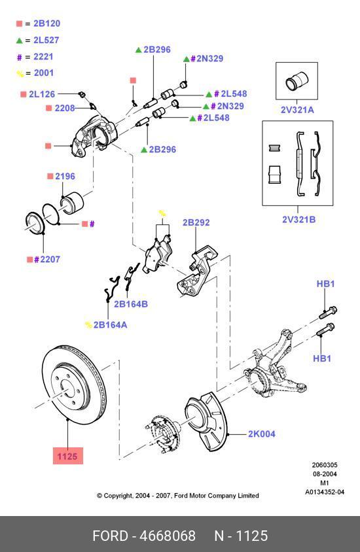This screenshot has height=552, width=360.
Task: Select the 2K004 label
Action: pos(261,434)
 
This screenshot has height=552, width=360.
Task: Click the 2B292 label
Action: pos(196,222)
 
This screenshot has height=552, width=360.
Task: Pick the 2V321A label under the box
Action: pos(297,110)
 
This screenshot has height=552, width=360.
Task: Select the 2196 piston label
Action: pos(65,177)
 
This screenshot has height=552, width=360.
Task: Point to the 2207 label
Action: pos(47,260)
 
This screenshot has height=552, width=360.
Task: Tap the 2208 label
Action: pos(64,107)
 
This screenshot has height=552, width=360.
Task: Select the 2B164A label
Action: pos(110,324)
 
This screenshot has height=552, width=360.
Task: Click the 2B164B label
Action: pos(131,303)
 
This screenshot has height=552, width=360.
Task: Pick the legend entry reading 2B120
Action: pos(43,24)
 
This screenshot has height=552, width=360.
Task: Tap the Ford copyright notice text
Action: pos(177,496)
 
